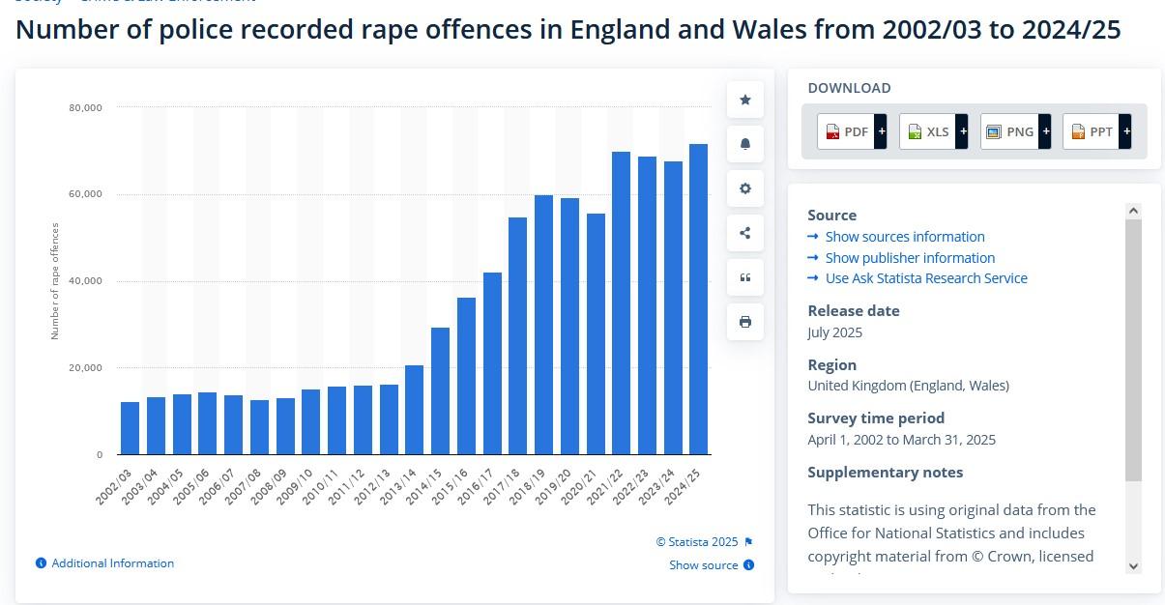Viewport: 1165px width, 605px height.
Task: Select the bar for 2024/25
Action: (x=698, y=300)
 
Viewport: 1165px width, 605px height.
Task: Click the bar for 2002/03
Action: (x=130, y=428)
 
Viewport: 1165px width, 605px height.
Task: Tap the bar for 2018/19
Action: (x=543, y=325)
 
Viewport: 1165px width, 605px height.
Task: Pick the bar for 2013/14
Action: (x=414, y=410)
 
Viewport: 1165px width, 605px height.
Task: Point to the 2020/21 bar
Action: (x=596, y=333)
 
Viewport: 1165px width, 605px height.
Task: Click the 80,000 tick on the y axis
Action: (x=86, y=107)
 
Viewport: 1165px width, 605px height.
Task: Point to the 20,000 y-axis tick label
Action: (x=86, y=368)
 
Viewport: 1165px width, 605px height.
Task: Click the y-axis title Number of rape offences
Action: (x=55, y=281)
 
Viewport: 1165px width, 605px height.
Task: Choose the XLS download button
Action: (x=933, y=131)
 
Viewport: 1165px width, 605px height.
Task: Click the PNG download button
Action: (x=1015, y=131)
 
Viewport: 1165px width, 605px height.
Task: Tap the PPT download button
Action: (x=1096, y=131)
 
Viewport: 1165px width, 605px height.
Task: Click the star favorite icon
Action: (x=745, y=100)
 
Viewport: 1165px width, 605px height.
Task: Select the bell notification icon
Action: (x=745, y=144)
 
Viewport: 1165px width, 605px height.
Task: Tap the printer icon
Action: (x=745, y=322)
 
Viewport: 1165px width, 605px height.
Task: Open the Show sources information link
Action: (x=904, y=237)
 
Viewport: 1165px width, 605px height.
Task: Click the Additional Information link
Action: (x=112, y=563)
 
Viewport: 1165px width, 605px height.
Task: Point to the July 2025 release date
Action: (x=834, y=332)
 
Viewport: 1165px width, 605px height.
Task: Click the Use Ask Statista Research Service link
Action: (x=925, y=278)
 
